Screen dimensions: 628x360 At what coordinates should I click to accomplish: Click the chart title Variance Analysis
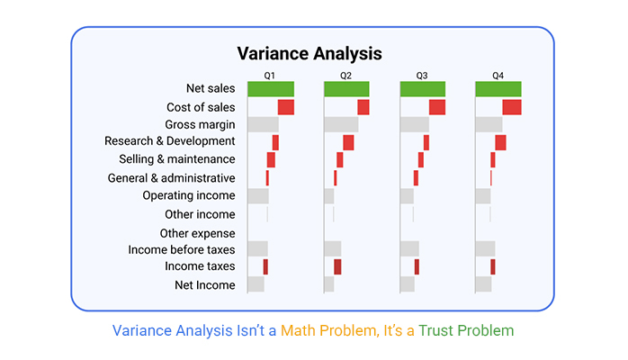tap(310, 54)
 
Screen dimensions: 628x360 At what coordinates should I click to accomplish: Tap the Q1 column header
tap(269, 76)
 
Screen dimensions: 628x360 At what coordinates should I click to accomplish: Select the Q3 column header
tap(422, 76)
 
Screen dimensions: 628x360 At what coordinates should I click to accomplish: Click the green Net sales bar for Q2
tap(346, 89)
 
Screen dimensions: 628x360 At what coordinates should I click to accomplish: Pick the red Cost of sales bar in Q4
tap(512, 107)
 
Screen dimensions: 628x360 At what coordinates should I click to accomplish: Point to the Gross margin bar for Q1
tap(263, 124)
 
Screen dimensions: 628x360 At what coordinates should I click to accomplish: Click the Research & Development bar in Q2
tap(348, 142)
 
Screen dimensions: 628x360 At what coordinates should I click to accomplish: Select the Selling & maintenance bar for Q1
tap(271, 160)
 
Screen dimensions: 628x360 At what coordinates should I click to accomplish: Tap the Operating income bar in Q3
tap(407, 196)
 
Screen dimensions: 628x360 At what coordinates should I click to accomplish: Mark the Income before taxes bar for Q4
tap(485, 248)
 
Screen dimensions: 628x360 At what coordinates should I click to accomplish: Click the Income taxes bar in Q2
tap(337, 266)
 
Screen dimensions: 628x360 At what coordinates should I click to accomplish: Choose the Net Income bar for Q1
tap(256, 284)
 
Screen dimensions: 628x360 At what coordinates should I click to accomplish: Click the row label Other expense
tap(197, 233)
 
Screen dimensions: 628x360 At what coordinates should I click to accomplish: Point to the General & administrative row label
tap(172, 178)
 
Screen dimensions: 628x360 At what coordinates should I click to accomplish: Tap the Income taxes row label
tap(200, 266)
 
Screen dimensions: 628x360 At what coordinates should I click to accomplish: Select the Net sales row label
tap(211, 88)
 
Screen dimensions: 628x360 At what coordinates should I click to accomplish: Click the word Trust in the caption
tap(435, 331)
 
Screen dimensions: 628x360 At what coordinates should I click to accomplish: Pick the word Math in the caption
tap(298, 331)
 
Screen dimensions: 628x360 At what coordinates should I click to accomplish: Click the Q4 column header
tap(498, 76)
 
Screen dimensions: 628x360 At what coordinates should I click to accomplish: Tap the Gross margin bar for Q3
tap(415, 124)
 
